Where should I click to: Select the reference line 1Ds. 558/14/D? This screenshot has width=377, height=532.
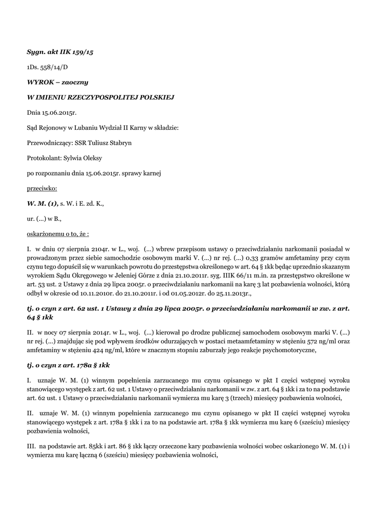coord(47,68)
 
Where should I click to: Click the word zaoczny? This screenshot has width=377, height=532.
coord(76,82)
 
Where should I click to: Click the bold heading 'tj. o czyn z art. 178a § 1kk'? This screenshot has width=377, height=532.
coord(68,365)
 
